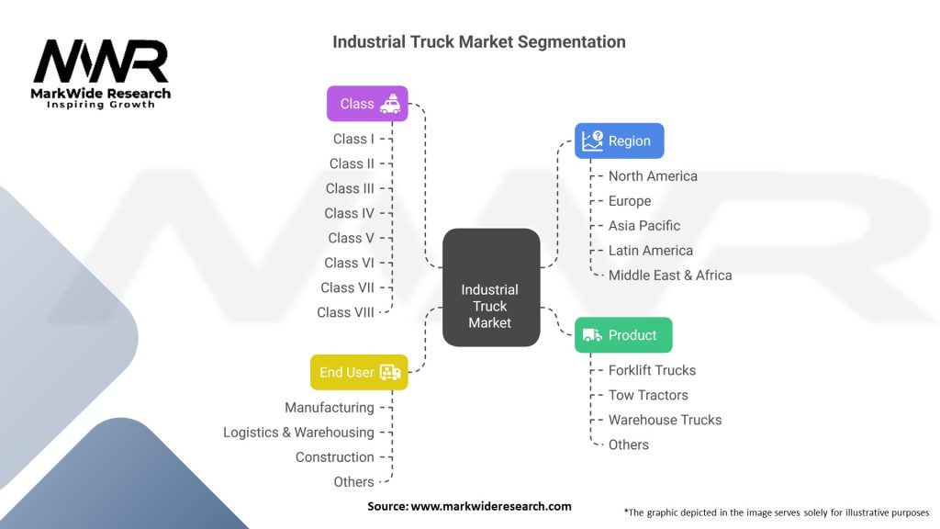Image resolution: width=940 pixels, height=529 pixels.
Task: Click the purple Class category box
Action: tap(367, 104)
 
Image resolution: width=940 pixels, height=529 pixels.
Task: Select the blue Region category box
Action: tap(619, 141)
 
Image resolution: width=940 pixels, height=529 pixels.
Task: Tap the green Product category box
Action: tap(623, 335)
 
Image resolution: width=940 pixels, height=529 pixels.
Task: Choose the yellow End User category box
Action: tap(358, 373)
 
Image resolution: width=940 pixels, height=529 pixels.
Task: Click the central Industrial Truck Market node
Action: tap(490, 288)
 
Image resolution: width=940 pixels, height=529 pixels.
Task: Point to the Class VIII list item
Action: tap(346, 312)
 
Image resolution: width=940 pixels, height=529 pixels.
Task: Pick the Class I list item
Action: tap(353, 139)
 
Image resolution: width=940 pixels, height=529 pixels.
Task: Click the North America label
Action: tap(653, 176)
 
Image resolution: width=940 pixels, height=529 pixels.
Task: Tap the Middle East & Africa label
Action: tap(670, 275)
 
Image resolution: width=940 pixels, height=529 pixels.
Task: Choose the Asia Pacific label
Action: tap(644, 226)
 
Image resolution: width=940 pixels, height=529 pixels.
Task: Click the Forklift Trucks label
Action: tap(652, 370)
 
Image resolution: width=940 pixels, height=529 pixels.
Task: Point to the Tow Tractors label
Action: tap(648, 395)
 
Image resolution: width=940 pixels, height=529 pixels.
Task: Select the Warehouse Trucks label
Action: tap(665, 420)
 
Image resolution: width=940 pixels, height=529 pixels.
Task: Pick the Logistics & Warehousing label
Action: tap(298, 433)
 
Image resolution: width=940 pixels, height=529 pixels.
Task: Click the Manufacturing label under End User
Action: tap(329, 408)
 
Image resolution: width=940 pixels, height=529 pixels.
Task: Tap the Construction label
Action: tap(334, 457)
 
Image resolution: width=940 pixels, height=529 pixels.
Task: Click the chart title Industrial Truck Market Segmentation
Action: tap(479, 42)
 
